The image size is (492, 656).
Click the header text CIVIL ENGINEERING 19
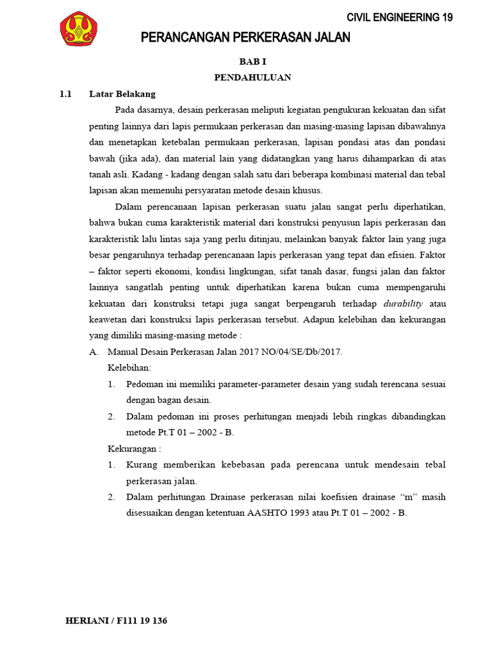[400, 17]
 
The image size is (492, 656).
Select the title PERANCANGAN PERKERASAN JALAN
[245, 38]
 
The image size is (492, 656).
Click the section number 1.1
[65, 94]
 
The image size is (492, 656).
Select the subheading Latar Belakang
[122, 94]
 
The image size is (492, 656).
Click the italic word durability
[403, 303]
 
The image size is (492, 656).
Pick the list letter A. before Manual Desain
[94, 352]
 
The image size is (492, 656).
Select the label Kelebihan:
[129, 368]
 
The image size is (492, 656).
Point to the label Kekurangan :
[133, 448]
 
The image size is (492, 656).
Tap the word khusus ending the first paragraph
[307, 190]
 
